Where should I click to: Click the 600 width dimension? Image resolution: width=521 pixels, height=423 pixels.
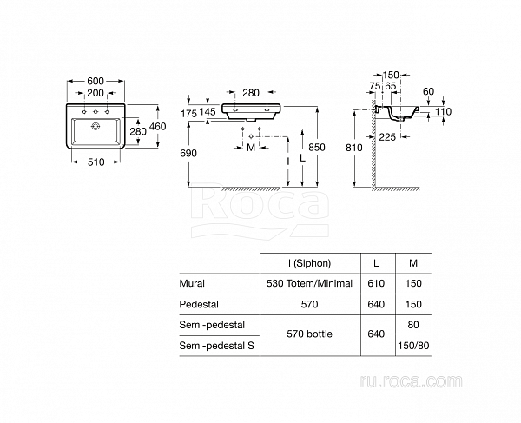pyautogui.click(x=96, y=81)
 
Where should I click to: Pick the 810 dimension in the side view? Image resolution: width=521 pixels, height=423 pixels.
pyautogui.click(x=353, y=148)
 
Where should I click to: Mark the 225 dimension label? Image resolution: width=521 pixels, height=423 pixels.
pyautogui.click(x=387, y=135)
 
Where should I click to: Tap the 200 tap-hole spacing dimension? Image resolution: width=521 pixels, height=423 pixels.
pyautogui.click(x=96, y=93)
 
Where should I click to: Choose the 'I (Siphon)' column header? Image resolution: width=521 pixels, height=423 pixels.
pyautogui.click(x=309, y=263)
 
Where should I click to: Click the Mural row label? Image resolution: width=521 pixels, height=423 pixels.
pyautogui.click(x=192, y=284)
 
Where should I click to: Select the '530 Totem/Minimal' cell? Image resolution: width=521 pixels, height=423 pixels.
pyautogui.click(x=309, y=284)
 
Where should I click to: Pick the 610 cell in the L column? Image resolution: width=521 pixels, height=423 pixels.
pyautogui.click(x=376, y=284)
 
